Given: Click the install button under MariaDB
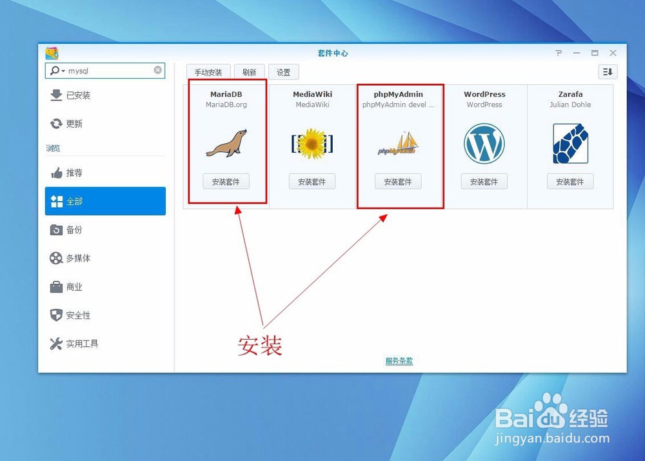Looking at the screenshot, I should [226, 182].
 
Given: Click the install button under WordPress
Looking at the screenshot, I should [484, 182].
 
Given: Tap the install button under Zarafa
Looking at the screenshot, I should [570, 182].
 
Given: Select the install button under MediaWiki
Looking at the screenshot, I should [312, 182].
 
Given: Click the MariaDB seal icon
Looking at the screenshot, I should [226, 144].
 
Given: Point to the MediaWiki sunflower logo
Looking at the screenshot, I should [312, 144].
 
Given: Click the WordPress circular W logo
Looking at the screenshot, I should [484, 144].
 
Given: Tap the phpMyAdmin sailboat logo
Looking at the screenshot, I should [398, 144].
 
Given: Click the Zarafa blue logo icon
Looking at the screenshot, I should [570, 144].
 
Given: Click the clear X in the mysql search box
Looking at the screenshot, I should [158, 70].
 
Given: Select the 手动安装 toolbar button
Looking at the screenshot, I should [208, 72].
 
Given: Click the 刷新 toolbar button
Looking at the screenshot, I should [249, 72].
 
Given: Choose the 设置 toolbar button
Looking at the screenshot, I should [284, 72].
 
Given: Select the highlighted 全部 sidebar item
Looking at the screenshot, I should [105, 201].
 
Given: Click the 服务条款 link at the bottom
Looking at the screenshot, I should [399, 361].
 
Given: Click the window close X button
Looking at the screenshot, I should [613, 53].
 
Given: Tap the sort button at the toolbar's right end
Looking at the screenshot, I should [608, 72].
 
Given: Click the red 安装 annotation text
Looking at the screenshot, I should [260, 346].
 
